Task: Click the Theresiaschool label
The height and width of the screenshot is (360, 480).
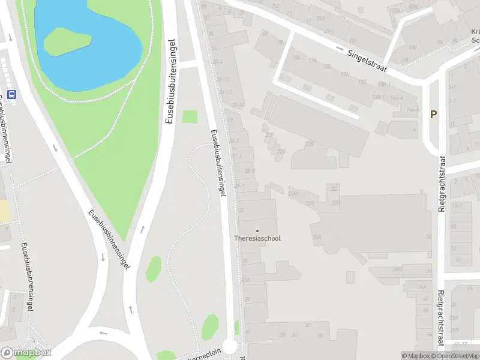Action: tap(257, 238)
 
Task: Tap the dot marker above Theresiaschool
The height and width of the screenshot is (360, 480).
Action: tap(257, 230)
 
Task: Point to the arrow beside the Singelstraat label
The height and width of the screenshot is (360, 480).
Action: tap(340, 48)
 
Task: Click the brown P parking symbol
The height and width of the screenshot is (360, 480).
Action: tap(433, 114)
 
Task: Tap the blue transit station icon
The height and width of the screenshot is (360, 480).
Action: tap(11, 94)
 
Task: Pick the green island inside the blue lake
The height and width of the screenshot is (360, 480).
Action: tap(67, 41)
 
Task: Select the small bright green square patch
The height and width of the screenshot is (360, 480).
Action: tap(190, 117)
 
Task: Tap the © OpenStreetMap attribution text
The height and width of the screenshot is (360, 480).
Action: tap(455, 356)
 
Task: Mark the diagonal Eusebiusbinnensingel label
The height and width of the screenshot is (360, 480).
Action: tap(109, 239)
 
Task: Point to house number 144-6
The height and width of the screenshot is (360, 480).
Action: tap(412, 110)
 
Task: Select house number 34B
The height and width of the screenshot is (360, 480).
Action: tap(397, 269)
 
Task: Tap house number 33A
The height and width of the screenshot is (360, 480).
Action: tap(245, 280)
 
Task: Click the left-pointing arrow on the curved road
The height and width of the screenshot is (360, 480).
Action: tap(103, 333)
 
